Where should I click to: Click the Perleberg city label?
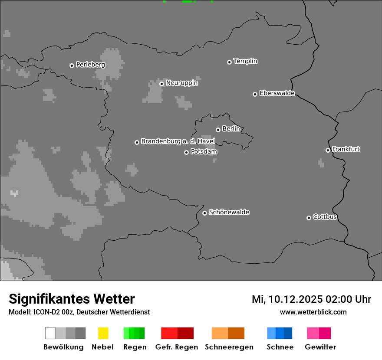click(90, 65)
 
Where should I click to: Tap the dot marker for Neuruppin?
click(161, 84)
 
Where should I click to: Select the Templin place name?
click(245, 61)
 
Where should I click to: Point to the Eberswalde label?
click(277, 93)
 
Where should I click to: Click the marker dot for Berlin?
click(218, 130)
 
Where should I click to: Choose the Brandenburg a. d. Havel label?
click(178, 141)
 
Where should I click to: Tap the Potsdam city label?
click(204, 152)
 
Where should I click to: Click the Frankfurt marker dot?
click(328, 150)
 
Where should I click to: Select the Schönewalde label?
click(229, 212)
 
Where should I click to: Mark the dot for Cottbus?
click(309, 218)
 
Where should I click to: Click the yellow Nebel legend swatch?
click(103, 333)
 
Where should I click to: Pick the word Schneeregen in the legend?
click(229, 347)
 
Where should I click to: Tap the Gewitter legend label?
click(320, 347)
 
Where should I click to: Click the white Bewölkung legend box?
click(50, 333)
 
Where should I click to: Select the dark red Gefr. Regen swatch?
click(185, 333)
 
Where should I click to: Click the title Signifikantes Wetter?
click(72, 299)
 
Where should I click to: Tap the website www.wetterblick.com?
click(313, 312)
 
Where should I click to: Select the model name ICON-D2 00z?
click(52, 312)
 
